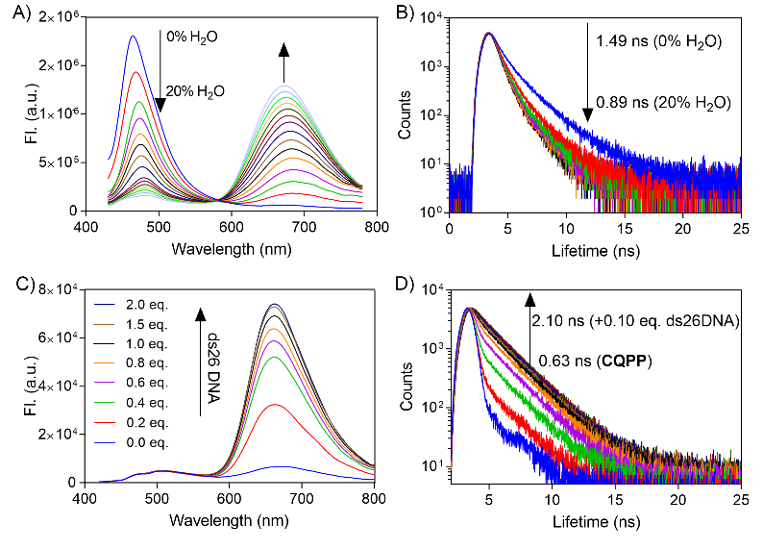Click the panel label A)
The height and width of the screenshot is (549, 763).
pyautogui.click(x=18, y=12)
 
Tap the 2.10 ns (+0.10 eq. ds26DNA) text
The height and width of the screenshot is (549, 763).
pyautogui.click(x=635, y=321)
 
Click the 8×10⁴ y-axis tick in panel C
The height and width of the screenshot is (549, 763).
pyautogui.click(x=59, y=280)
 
